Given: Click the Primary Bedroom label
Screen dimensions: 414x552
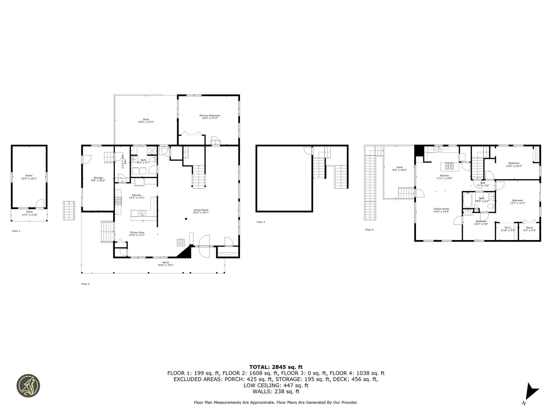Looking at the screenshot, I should click(x=210, y=116).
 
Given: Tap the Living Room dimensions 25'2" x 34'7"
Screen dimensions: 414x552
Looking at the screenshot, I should click(x=201, y=212).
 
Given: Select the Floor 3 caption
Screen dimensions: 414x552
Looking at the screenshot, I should click(x=260, y=222).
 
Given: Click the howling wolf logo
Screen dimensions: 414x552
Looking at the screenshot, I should click(x=28, y=386).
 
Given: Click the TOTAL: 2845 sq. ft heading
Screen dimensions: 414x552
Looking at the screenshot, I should click(x=276, y=367).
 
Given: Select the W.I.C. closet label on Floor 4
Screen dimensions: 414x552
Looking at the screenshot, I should click(x=508, y=228).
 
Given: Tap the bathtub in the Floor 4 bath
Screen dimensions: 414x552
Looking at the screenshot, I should click(x=467, y=200).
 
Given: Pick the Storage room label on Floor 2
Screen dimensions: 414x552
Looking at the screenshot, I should click(x=98, y=178).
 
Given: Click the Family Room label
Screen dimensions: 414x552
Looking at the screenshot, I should click(x=441, y=209).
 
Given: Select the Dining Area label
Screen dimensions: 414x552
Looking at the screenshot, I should click(x=137, y=232).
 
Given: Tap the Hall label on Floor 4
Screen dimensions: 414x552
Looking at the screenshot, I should click(x=483, y=183).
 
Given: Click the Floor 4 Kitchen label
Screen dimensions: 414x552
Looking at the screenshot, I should click(x=444, y=176).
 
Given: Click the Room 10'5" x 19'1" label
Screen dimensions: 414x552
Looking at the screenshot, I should click(x=29, y=176).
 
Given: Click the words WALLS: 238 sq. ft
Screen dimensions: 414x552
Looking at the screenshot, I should click(x=276, y=391).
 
